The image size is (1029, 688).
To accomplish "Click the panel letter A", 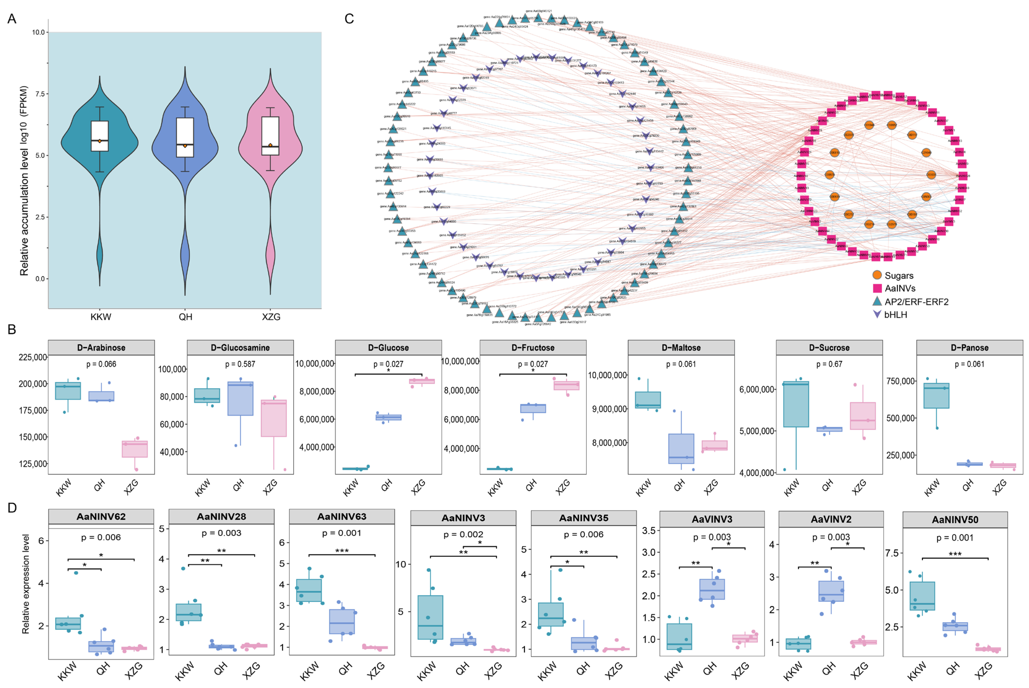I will coord(12,19).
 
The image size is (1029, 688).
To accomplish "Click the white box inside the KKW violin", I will coord(100,136).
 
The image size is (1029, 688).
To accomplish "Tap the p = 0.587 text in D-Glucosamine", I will coord(240,364).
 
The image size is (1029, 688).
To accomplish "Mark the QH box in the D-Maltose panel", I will coord(681,449).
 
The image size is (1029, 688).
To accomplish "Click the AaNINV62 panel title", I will coord(101,516).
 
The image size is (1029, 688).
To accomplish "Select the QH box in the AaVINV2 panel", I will coord(831,591).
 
